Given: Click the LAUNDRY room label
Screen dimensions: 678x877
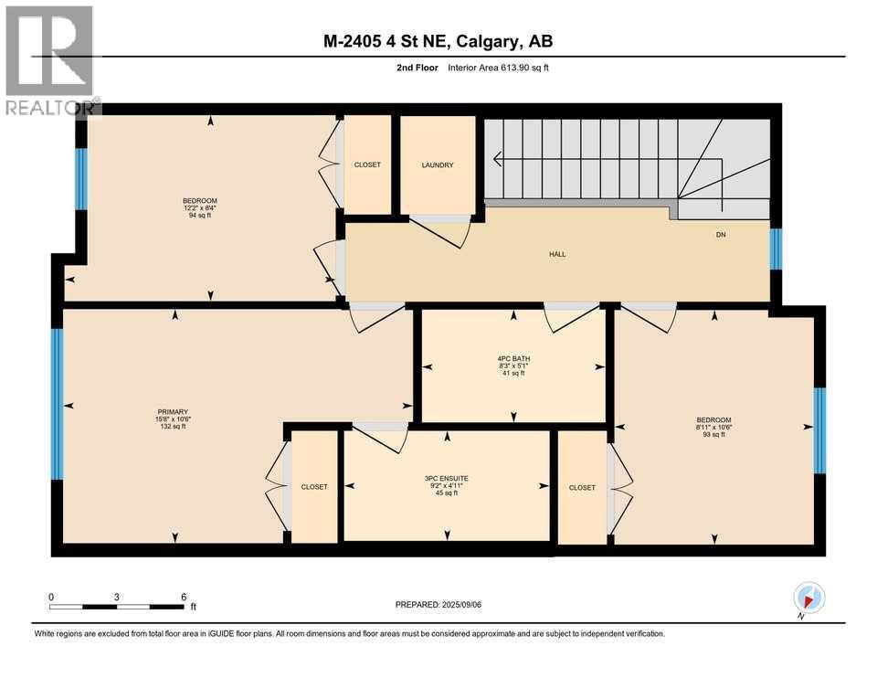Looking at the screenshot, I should (x=438, y=165).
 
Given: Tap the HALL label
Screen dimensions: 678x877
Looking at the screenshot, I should (x=557, y=254).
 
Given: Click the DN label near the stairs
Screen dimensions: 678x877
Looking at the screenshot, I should (x=719, y=235).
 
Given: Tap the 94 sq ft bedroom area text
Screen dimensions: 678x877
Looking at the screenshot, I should (x=199, y=216).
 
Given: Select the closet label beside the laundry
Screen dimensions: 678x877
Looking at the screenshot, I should (x=367, y=165).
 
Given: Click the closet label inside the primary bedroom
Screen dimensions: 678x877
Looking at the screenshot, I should (x=314, y=487).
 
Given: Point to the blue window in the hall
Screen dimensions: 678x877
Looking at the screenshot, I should (x=776, y=249).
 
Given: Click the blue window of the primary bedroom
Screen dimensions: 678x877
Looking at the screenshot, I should (x=57, y=403).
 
